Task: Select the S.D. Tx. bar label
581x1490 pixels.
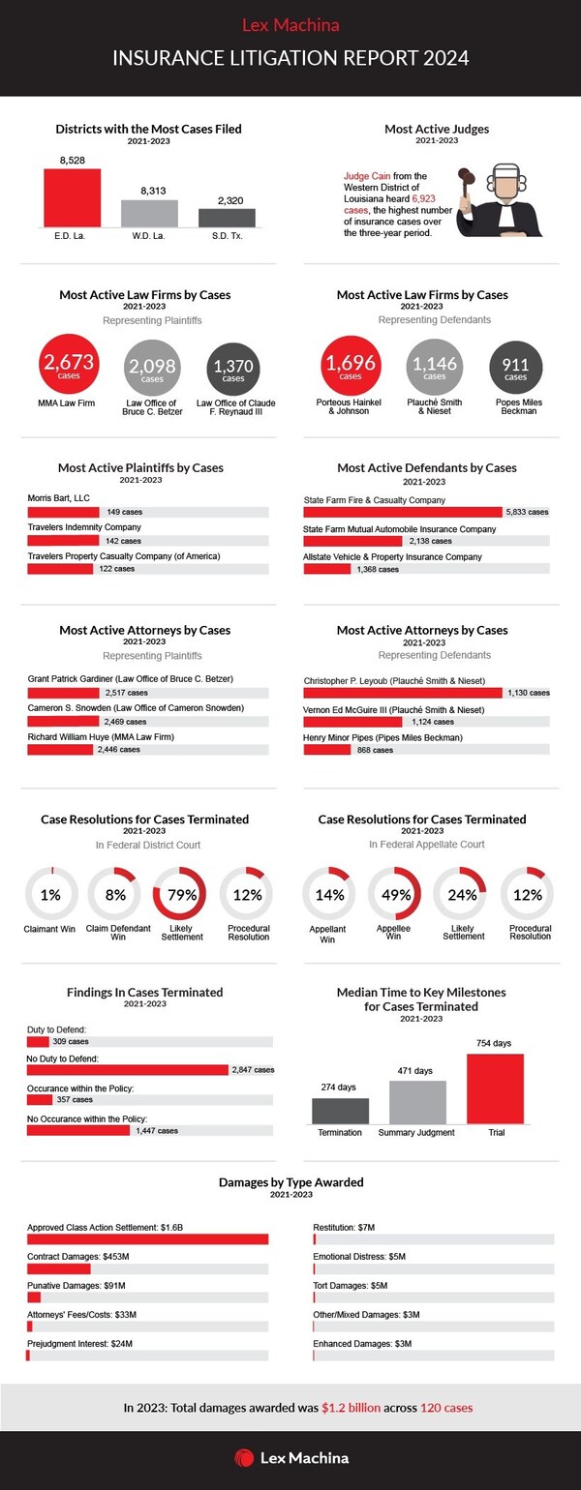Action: [227, 236]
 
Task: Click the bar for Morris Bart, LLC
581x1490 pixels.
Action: [64, 512]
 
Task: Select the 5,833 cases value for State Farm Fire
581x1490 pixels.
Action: [527, 512]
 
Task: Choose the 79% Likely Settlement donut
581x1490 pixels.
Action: [180, 895]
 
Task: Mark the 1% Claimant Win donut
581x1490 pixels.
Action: [50, 895]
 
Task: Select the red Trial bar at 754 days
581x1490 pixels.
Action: [495, 1088]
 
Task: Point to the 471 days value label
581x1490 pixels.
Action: [417, 1071]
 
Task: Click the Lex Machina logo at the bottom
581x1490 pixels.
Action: [290, 1457]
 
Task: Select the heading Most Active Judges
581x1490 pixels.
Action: [436, 129]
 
